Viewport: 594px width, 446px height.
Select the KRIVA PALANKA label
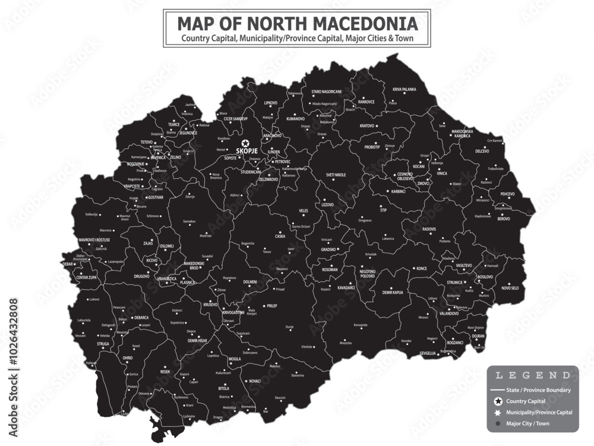click(405, 89)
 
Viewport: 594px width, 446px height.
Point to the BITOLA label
click(223, 388)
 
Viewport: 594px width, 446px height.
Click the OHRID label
click(128, 358)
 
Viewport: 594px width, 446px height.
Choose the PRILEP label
click(271, 306)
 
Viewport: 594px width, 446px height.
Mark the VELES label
click(304, 211)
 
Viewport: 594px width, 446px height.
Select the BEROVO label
click(503, 219)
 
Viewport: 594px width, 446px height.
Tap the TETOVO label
click(146, 142)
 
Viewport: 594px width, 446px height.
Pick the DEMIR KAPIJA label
click(392, 293)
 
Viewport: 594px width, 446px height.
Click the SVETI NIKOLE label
click(336, 175)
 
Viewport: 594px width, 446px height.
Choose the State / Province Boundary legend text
click(539, 390)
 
